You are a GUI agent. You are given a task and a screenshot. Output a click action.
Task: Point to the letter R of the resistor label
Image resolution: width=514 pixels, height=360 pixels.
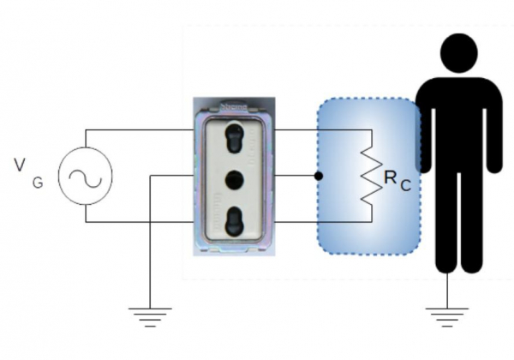click(391, 177)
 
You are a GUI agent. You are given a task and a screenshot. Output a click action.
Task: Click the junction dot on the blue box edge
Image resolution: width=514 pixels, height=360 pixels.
click(319, 177)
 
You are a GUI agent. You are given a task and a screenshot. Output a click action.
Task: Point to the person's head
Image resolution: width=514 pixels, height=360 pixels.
click(459, 52)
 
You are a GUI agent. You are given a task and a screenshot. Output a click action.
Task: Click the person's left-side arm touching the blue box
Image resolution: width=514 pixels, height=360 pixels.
click(423, 129)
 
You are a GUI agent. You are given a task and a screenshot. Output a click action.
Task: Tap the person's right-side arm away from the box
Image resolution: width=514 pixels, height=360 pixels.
click(494, 129)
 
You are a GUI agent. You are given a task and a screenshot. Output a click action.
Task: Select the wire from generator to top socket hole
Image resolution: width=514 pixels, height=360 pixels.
click(137, 130)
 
